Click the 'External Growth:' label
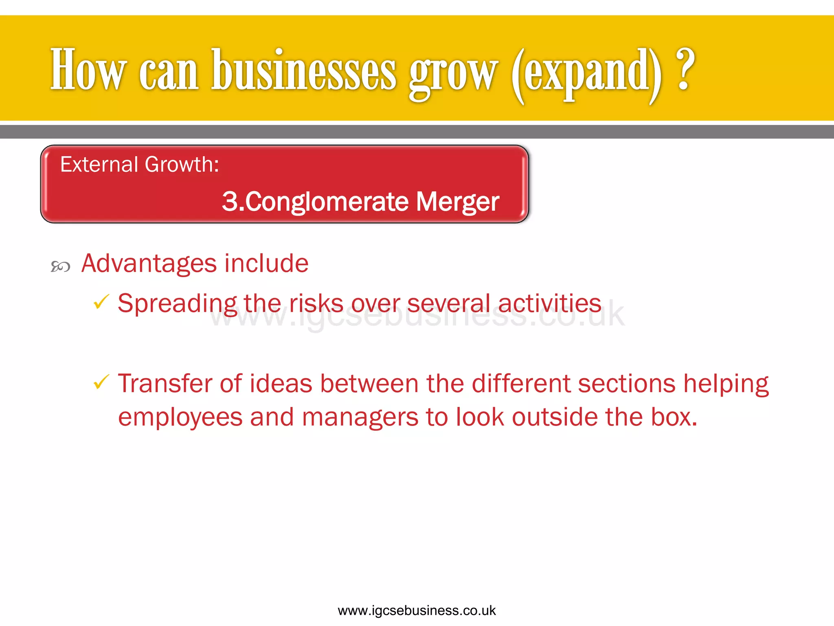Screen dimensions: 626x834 140,165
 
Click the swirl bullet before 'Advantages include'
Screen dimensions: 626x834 60,267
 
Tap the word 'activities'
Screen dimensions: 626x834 549,304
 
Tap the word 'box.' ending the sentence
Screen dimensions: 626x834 674,417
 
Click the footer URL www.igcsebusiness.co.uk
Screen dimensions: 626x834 417,611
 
